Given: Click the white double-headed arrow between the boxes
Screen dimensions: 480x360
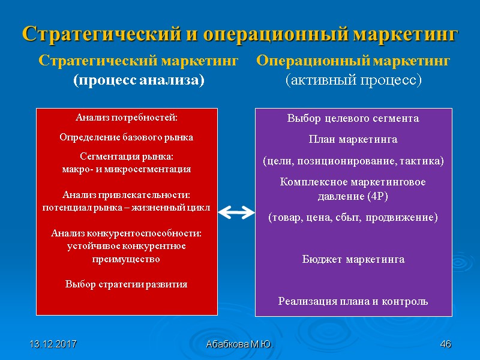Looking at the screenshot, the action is [x=236, y=211].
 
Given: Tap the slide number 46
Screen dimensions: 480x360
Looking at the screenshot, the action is [x=445, y=344].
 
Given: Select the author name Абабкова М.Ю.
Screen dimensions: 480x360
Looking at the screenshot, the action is [x=239, y=344].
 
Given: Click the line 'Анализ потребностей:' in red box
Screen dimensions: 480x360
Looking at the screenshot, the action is [x=127, y=117].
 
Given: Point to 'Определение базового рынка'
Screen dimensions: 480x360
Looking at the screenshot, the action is [x=127, y=137].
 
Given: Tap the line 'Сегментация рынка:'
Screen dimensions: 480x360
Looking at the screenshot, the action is [x=127, y=157].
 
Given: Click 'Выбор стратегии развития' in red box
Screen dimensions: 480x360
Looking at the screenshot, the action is [x=127, y=284].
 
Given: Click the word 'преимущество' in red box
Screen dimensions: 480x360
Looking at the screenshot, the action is [x=127, y=259].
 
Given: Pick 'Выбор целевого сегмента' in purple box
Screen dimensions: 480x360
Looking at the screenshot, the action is [x=353, y=118].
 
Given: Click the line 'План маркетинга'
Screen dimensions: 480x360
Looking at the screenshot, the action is [x=353, y=140].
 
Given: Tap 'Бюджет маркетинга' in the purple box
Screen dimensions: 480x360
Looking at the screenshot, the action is [x=353, y=259].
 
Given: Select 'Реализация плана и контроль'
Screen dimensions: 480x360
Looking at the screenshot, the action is [x=353, y=301].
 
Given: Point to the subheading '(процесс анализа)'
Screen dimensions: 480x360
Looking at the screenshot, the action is [x=139, y=80].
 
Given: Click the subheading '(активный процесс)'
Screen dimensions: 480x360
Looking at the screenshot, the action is [x=353, y=80].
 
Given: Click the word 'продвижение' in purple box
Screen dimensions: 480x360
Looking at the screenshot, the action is [x=407, y=217].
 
